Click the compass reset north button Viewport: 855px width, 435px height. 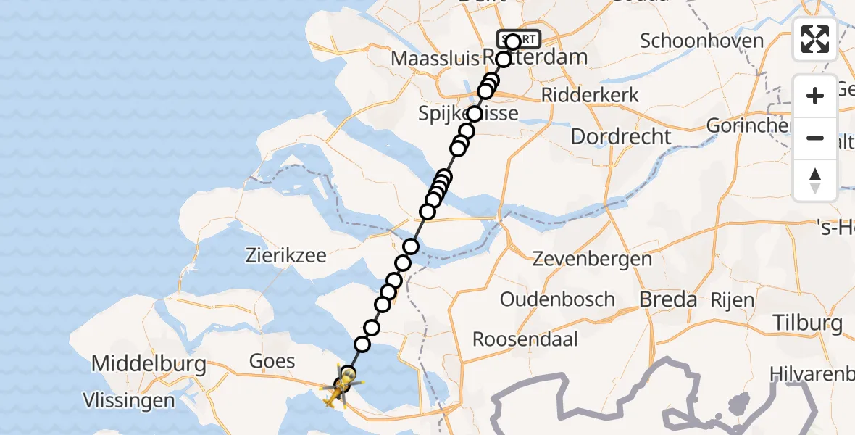[815, 181]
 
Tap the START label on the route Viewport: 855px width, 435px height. [518, 38]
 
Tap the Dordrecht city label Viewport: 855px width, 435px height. [621, 136]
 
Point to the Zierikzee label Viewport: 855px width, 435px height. [285, 255]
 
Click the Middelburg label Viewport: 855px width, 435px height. [149, 364]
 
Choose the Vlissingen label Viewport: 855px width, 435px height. [129, 400]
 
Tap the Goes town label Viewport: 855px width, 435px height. [272, 361]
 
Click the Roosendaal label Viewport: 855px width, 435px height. [525, 339]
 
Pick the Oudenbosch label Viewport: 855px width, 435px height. [557, 299]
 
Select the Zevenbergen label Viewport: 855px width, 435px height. [592, 258]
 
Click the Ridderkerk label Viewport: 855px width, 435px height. [591, 95]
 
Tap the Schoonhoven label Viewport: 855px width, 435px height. [701, 40]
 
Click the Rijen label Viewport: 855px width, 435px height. [732, 299]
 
